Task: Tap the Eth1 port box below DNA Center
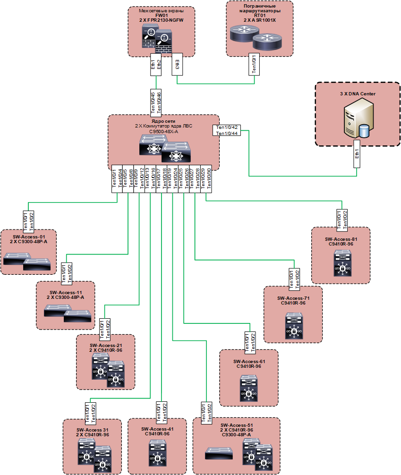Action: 358,153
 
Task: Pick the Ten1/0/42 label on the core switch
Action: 226,127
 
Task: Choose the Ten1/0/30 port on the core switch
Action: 209,178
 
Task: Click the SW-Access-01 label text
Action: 29,237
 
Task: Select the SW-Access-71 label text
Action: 293,298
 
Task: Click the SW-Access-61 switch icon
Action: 249,388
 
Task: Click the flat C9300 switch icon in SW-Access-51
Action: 217,455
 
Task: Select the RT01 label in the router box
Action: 260,15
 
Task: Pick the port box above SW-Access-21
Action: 105,329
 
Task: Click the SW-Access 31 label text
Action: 93,430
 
